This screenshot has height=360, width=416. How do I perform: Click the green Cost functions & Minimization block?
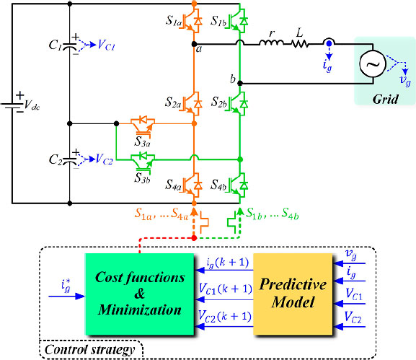(140, 294)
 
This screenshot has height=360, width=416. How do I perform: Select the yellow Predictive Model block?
(293, 294)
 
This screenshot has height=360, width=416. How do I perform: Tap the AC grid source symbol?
(373, 64)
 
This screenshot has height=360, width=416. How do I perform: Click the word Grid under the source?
(385, 100)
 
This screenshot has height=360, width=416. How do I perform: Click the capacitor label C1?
(56, 45)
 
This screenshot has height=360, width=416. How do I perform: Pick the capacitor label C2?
(56, 159)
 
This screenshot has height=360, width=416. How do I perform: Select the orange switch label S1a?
(174, 21)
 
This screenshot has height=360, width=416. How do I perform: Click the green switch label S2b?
(219, 102)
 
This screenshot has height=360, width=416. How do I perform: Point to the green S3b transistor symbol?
(143, 162)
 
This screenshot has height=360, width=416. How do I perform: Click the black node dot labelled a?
(194, 44)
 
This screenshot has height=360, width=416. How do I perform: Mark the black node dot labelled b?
(240, 84)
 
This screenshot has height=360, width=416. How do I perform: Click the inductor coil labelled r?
(271, 43)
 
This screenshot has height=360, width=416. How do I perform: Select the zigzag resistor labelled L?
(300, 44)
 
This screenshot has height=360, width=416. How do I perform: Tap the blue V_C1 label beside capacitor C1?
(106, 45)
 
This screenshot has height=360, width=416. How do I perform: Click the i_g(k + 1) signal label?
(228, 263)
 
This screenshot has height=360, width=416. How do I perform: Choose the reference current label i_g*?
(66, 286)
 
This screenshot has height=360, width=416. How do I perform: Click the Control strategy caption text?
(89, 350)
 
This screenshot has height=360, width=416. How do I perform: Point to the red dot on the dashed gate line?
(194, 238)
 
